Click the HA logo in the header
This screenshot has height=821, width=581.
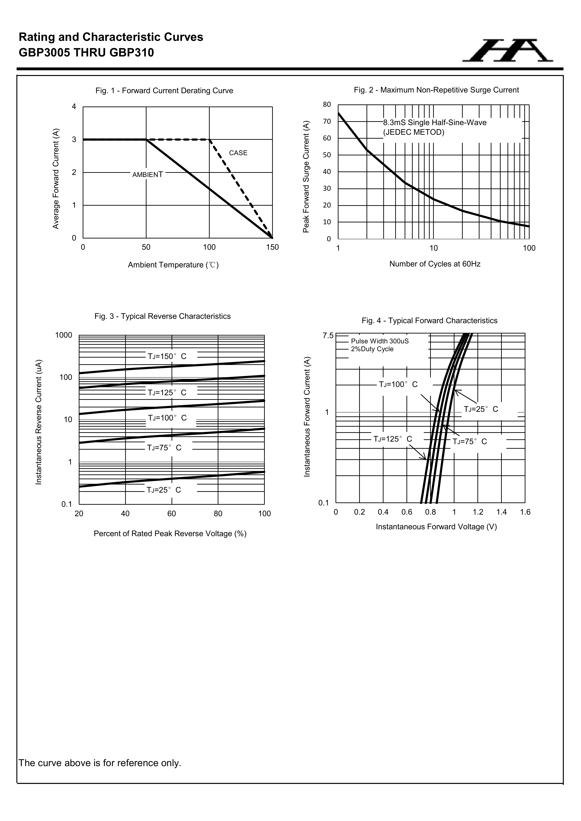click(x=507, y=51)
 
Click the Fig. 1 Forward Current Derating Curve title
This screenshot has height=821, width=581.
click(x=164, y=91)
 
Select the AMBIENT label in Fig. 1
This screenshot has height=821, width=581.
click(x=147, y=175)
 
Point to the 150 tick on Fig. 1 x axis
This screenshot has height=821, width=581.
click(x=272, y=247)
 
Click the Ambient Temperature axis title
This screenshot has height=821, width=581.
click(x=173, y=265)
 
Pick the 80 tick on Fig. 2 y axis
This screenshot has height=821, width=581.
click(x=327, y=105)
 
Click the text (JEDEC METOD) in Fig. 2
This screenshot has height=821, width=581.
click(x=414, y=132)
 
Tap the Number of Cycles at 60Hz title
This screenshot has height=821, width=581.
click(x=435, y=264)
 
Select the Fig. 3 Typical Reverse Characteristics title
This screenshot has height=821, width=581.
click(x=162, y=317)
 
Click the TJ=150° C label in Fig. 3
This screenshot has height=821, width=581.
click(x=167, y=356)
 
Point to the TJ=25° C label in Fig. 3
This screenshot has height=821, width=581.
click(x=164, y=490)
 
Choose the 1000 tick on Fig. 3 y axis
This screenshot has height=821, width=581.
click(x=64, y=335)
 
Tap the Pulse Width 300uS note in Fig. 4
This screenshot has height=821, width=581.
click(x=380, y=341)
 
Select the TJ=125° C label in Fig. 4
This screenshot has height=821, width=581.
click(x=392, y=439)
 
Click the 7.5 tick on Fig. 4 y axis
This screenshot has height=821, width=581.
click(x=328, y=336)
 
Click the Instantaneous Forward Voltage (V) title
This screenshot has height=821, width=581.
click(x=436, y=527)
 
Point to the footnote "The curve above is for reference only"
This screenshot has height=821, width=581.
click(x=100, y=763)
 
